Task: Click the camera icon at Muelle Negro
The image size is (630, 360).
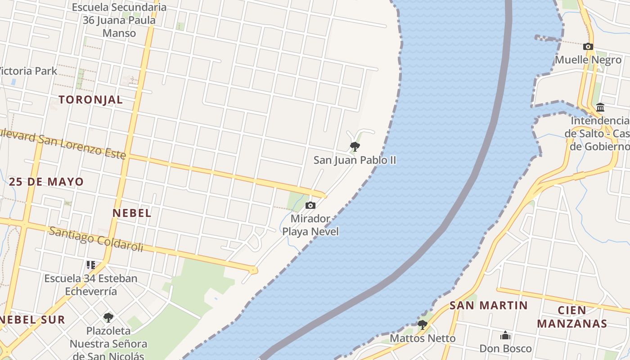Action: pyautogui.click(x=588, y=46)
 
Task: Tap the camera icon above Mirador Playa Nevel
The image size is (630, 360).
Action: pyautogui.click(x=310, y=206)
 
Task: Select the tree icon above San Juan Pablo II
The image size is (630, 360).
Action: pyautogui.click(x=355, y=146)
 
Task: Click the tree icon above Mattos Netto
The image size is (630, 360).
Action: pyautogui.click(x=422, y=324)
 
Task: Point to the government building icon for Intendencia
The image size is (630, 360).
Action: pyautogui.click(x=600, y=108)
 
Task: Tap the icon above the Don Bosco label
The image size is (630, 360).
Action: pyautogui.click(x=505, y=336)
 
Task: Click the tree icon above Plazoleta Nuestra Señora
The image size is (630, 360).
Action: pyautogui.click(x=108, y=317)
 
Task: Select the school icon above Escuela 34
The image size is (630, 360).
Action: pyautogui.click(x=91, y=265)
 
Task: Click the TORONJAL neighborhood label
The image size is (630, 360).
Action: pyautogui.click(x=90, y=100)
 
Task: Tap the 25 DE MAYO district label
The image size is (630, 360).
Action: pyautogui.click(x=46, y=182)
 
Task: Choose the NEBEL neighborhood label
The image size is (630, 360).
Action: pyautogui.click(x=132, y=213)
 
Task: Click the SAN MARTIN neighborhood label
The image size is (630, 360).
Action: pyautogui.click(x=489, y=306)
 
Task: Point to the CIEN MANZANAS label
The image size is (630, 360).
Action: pyautogui.click(x=572, y=317)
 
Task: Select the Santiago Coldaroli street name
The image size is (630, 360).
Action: pyautogui.click(x=96, y=239)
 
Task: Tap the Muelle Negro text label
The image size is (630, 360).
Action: pyautogui.click(x=588, y=60)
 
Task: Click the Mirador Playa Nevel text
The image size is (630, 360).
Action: pyautogui.click(x=310, y=225)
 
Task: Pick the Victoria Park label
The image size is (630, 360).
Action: pyautogui.click(x=28, y=71)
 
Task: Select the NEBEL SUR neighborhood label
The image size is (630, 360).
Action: pyautogui.click(x=32, y=320)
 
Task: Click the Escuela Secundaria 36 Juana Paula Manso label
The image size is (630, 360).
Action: pyautogui.click(x=119, y=20)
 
